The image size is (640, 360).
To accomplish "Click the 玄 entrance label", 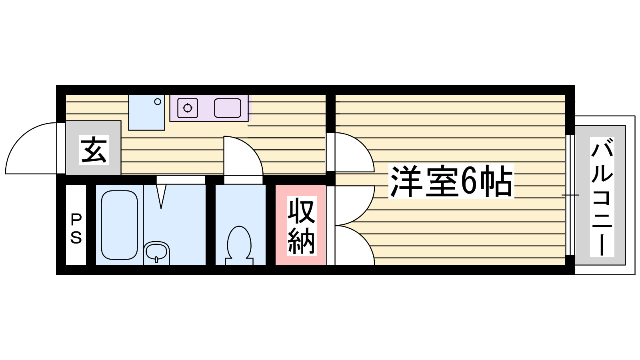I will [x=94, y=150].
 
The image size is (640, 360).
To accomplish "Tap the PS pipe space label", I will [x=76, y=228].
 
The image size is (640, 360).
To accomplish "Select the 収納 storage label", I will [x=302, y=226].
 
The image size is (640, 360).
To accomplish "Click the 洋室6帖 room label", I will [x=451, y=182].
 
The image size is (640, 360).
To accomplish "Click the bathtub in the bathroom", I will [x=119, y=225].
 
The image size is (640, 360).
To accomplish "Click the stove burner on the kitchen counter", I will [x=188, y=108].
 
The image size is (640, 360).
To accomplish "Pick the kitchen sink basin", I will [x=228, y=108].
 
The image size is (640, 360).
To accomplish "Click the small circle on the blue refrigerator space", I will [x=158, y=102].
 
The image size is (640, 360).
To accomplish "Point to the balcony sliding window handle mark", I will [x=570, y=195].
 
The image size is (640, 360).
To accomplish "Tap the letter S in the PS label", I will [x=76, y=238].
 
